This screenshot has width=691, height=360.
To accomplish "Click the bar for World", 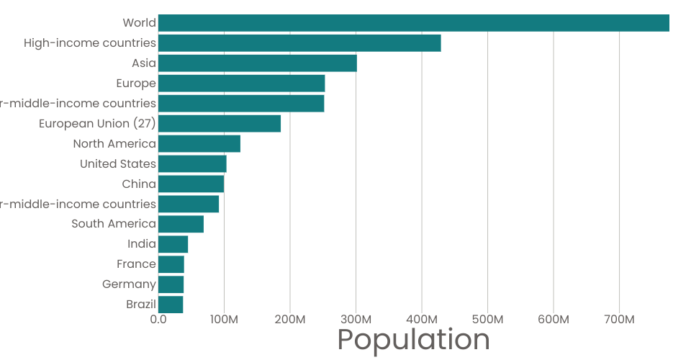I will (x=414, y=23).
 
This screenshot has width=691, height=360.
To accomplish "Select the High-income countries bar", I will (x=299, y=43).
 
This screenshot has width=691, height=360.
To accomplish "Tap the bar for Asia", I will (x=258, y=63).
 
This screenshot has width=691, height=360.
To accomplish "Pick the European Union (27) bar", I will (x=220, y=124).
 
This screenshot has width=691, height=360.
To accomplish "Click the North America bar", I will (x=199, y=144).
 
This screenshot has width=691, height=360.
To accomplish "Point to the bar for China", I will (x=191, y=184).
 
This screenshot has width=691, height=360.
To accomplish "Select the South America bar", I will (x=181, y=224).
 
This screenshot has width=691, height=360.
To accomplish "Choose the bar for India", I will (x=173, y=244).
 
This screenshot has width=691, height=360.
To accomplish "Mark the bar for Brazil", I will (x=171, y=305).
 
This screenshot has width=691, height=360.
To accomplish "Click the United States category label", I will (x=118, y=164).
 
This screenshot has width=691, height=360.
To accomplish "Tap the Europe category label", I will (x=136, y=84).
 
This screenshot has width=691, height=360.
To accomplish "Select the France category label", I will (x=136, y=264).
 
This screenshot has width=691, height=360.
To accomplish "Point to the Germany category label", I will (x=129, y=284).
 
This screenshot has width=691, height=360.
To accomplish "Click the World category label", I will (x=139, y=23).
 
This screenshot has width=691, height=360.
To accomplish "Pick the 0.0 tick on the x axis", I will (x=158, y=319).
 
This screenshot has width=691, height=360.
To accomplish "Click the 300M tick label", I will (x=356, y=319).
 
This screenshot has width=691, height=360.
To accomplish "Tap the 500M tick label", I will (x=487, y=319).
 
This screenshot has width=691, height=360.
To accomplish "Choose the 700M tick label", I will (x=619, y=319).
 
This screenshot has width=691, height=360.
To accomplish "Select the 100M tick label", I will (x=224, y=319).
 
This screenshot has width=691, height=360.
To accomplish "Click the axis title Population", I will (x=413, y=340).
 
